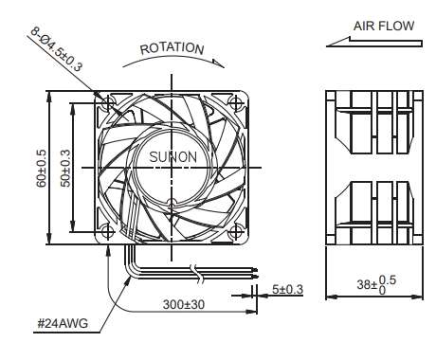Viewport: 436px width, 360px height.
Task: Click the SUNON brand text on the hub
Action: click(173, 157)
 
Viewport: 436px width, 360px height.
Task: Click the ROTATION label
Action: click(173, 48)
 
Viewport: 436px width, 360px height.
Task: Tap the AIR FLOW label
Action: click(384, 26)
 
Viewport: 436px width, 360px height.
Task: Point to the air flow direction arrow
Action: click(374, 43)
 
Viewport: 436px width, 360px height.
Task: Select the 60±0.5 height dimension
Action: click(42, 169)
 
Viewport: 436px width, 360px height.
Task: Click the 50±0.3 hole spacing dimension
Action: click(65, 169)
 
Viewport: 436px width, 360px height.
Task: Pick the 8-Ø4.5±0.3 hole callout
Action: click(57, 49)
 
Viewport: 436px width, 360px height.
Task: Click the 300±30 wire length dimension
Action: click(184, 304)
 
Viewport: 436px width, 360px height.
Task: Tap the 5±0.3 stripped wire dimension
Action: click(287, 289)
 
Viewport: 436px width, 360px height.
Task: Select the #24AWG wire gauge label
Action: click(63, 323)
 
